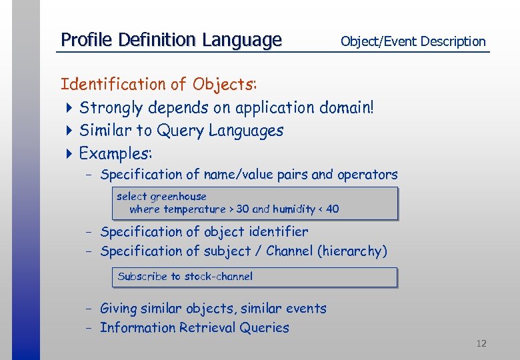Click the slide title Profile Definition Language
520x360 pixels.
(171, 40)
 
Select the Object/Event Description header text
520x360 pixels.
(413, 41)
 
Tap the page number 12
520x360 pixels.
(481, 343)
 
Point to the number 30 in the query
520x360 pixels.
(243, 209)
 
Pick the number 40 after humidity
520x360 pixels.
(332, 209)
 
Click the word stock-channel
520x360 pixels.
(219, 276)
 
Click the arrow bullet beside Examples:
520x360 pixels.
(70, 153)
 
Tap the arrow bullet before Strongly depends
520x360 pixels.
(70, 107)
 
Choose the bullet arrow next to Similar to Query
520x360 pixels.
(70, 131)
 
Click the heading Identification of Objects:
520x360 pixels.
(159, 85)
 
